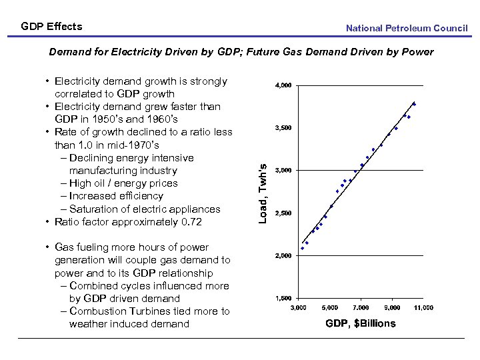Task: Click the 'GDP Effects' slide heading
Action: tap(51, 27)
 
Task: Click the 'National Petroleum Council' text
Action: tap(407, 28)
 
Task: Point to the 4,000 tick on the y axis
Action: tap(283, 85)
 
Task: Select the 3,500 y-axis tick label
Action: tap(283, 128)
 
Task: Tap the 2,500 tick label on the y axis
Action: tap(283, 213)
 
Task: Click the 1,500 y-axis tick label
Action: tap(283, 298)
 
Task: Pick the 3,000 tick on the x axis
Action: tap(298, 307)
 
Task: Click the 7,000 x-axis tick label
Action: tap(361, 307)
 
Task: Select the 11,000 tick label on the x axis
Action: tap(423, 307)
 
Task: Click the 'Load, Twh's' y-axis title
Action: tap(263, 194)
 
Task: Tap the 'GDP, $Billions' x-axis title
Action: tap(360, 323)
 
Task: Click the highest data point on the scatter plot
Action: tap(414, 103)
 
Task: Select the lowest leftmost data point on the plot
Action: tap(302, 248)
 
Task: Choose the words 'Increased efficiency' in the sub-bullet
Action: tap(116, 196)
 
